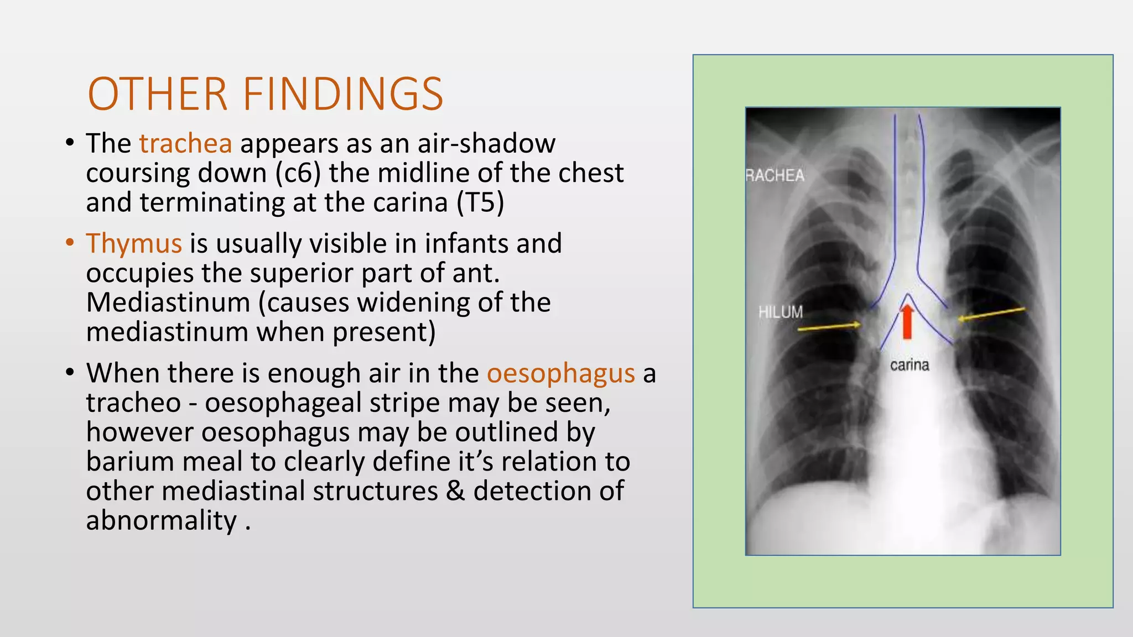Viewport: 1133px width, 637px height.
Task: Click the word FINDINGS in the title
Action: pos(343,94)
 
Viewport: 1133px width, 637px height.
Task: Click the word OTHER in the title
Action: pos(158,94)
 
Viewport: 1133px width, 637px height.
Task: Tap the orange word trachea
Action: pos(185,143)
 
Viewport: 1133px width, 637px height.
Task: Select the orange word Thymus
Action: pos(134,243)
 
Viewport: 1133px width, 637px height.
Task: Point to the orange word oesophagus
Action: pos(560,373)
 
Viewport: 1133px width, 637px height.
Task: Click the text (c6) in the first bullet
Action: pos(298,173)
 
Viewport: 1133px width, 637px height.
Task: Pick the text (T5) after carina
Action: pos(480,202)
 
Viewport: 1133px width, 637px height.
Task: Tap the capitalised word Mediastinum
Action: pos(168,302)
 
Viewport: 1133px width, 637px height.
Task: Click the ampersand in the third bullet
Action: pos(455,491)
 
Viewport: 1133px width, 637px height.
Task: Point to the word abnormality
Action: pos(162,520)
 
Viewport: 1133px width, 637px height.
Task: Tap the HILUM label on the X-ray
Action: pos(781,312)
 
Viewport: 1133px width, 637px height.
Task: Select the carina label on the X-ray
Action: pos(909,365)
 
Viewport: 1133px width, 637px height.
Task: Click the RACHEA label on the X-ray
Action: pos(775,176)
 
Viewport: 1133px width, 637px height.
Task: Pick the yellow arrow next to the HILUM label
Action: pos(829,327)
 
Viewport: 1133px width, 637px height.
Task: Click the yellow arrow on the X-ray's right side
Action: pos(991,314)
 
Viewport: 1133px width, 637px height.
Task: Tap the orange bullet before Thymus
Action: pos(70,243)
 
